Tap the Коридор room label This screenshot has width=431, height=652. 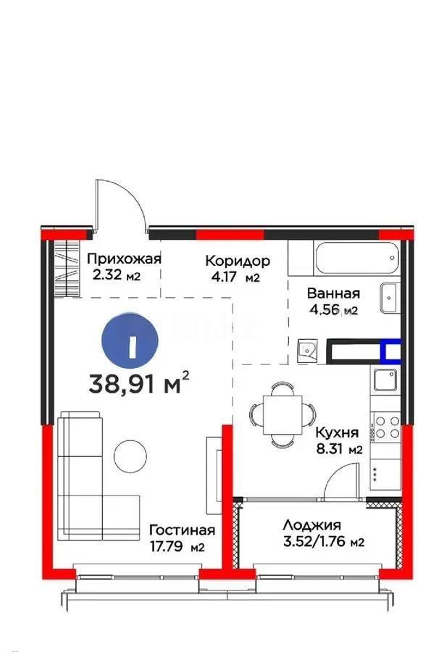(x=238, y=261)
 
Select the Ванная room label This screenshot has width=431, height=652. (x=333, y=293)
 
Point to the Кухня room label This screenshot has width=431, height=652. (x=337, y=432)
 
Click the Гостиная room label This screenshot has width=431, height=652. (x=182, y=530)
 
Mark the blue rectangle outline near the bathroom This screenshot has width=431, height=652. (x=391, y=352)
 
